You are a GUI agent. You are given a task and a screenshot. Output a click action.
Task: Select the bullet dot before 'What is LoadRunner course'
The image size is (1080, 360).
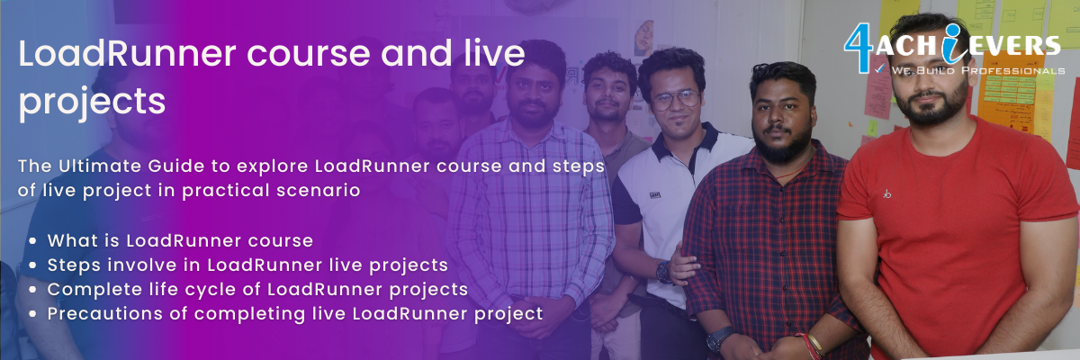[x=32, y=241]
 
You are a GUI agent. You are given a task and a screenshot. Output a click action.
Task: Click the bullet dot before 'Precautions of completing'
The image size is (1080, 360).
[x=32, y=314]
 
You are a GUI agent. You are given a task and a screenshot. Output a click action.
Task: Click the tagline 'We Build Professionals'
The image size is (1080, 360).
[x=978, y=71]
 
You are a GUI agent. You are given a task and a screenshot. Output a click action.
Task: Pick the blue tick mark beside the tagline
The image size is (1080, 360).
[x=880, y=69]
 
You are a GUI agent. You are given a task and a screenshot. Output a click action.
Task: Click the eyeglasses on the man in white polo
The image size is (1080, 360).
[x=676, y=99]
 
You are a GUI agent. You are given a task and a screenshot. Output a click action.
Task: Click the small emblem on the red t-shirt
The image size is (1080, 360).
[x=887, y=193]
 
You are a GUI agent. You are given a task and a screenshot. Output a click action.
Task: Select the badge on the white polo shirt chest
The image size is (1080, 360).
[x=654, y=195]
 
